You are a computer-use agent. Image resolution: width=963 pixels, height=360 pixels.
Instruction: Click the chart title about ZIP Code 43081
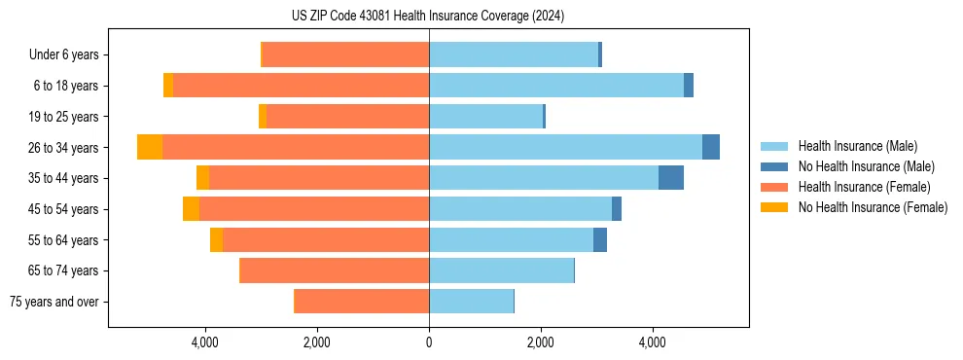(427, 16)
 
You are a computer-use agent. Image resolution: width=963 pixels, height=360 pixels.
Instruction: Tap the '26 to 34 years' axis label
(65, 148)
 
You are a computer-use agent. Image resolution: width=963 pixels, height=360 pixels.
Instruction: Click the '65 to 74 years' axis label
(65, 270)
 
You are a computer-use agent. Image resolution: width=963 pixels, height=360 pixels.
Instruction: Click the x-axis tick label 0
(429, 342)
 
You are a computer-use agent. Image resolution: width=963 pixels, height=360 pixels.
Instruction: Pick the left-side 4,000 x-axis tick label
(205, 342)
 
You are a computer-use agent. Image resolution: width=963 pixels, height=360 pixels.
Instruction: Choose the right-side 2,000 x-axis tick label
(540, 342)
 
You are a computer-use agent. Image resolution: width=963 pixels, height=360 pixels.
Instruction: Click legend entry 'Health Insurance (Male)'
(857, 146)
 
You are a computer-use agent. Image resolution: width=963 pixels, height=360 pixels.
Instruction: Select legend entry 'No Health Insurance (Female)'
(873, 207)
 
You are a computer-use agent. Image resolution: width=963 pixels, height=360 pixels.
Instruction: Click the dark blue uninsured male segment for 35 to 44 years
(671, 178)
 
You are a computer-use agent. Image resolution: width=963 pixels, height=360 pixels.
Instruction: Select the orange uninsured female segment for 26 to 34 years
(150, 147)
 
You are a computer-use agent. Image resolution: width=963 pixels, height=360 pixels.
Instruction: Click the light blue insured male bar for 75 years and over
(471, 302)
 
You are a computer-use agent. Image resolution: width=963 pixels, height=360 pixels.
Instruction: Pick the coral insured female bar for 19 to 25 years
(347, 117)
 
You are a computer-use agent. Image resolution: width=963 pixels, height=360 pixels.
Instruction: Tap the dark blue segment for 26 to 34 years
(711, 147)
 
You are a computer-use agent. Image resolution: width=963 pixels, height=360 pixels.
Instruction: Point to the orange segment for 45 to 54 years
(191, 209)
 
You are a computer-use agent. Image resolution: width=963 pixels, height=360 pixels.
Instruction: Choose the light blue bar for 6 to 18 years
(556, 86)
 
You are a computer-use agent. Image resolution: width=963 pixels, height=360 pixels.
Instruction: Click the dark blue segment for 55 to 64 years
(600, 239)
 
